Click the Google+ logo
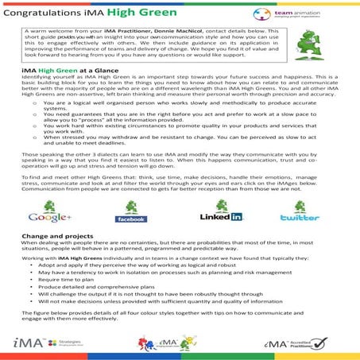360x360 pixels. (48, 213)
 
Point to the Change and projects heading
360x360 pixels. (54, 235)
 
